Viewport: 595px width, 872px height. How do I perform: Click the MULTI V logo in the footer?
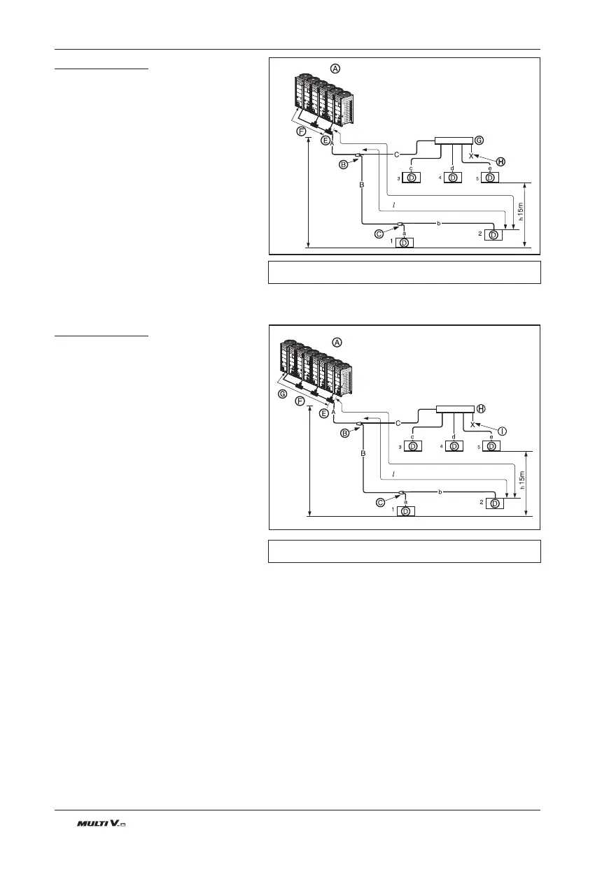pyautogui.click(x=101, y=825)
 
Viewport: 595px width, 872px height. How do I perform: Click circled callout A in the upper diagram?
pyautogui.click(x=335, y=68)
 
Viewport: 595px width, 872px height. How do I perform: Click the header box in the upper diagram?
pyautogui.click(x=454, y=141)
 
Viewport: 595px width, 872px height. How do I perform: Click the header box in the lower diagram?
pyautogui.click(x=455, y=410)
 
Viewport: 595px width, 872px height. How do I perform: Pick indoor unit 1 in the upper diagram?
pyautogui.click(x=405, y=243)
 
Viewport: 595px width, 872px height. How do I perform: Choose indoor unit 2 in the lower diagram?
pyautogui.click(x=495, y=503)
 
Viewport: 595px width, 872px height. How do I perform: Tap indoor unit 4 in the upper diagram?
pyautogui.click(x=453, y=178)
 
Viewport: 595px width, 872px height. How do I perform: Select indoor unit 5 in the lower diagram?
pyautogui.click(x=491, y=446)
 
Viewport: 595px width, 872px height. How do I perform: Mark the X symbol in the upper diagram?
pyautogui.click(x=471, y=156)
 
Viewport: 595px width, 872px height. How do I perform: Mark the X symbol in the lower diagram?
pyautogui.click(x=472, y=424)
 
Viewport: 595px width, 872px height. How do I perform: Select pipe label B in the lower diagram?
pyautogui.click(x=363, y=454)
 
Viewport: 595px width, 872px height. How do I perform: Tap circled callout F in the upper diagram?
pyautogui.click(x=301, y=131)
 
